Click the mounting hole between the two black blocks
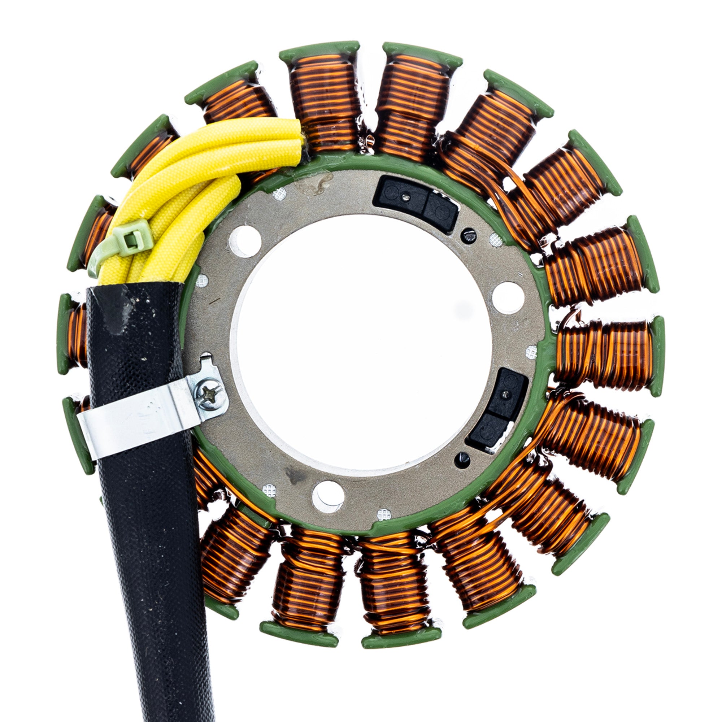[x=508, y=297]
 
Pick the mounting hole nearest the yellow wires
[x=245, y=241]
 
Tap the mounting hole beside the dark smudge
[x=328, y=496]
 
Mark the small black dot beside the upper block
[x=468, y=235]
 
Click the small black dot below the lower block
[x=462, y=460]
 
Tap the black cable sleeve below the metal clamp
[x=157, y=561]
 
